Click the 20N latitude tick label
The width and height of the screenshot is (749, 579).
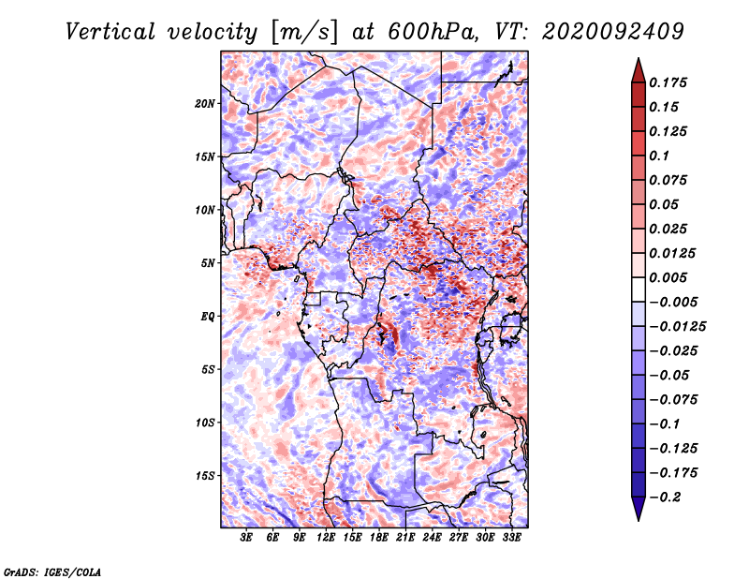[x=205, y=104]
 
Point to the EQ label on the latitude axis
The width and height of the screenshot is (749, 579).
[x=208, y=317]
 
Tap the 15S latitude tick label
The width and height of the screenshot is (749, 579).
[x=205, y=476]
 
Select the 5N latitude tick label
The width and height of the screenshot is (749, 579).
[x=208, y=263]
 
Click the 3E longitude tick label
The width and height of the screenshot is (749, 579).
[x=246, y=537]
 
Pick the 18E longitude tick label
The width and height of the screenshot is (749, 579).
[x=379, y=537]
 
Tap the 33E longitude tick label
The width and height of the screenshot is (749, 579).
[x=511, y=537]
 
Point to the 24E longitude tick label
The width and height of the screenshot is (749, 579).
[x=432, y=537]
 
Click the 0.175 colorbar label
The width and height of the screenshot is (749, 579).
[x=668, y=82]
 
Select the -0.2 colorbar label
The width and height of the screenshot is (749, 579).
[x=665, y=497]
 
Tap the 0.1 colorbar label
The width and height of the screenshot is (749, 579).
[x=659, y=156]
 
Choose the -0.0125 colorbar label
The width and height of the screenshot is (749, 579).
[x=677, y=327]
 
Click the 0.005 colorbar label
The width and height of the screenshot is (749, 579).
[x=668, y=277]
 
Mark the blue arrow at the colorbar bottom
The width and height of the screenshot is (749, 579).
[x=639, y=508]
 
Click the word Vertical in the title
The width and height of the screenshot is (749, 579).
[x=110, y=32]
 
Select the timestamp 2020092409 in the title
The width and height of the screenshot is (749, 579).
[x=613, y=32]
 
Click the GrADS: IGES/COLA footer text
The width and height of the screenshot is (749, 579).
[x=52, y=572]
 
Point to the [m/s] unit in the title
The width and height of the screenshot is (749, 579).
[x=303, y=33]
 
